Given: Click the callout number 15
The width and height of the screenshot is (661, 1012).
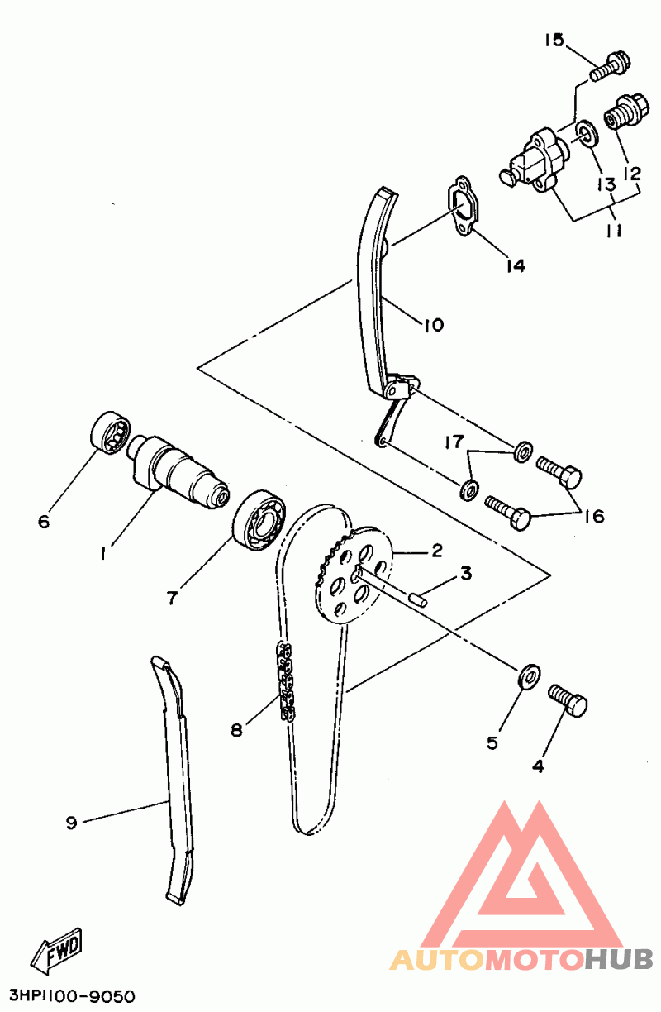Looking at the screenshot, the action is (x=554, y=40).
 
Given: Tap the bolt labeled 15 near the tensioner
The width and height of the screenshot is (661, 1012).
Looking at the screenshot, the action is (x=611, y=68).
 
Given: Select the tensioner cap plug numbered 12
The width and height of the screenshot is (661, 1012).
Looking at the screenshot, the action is (x=627, y=112).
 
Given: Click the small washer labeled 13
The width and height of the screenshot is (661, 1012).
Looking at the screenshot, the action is (x=587, y=133).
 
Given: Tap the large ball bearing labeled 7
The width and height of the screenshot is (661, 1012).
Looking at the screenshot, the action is (x=259, y=519).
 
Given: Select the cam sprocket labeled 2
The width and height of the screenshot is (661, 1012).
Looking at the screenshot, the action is (x=351, y=576).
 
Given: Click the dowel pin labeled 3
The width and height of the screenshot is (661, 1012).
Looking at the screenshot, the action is (x=417, y=600).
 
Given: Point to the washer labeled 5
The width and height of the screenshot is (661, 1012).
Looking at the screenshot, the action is (x=528, y=678).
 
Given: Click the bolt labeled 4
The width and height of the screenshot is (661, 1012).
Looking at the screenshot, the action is (x=568, y=701).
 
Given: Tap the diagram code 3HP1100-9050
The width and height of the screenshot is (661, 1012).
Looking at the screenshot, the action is (x=73, y=996).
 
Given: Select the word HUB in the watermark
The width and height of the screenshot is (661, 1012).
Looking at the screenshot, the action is (x=619, y=959).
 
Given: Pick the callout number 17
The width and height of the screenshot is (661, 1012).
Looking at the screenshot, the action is (x=454, y=442).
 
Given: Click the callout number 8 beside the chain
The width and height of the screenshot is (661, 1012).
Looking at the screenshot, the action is (x=236, y=729).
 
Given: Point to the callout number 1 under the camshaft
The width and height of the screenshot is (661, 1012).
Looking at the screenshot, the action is (x=103, y=553).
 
